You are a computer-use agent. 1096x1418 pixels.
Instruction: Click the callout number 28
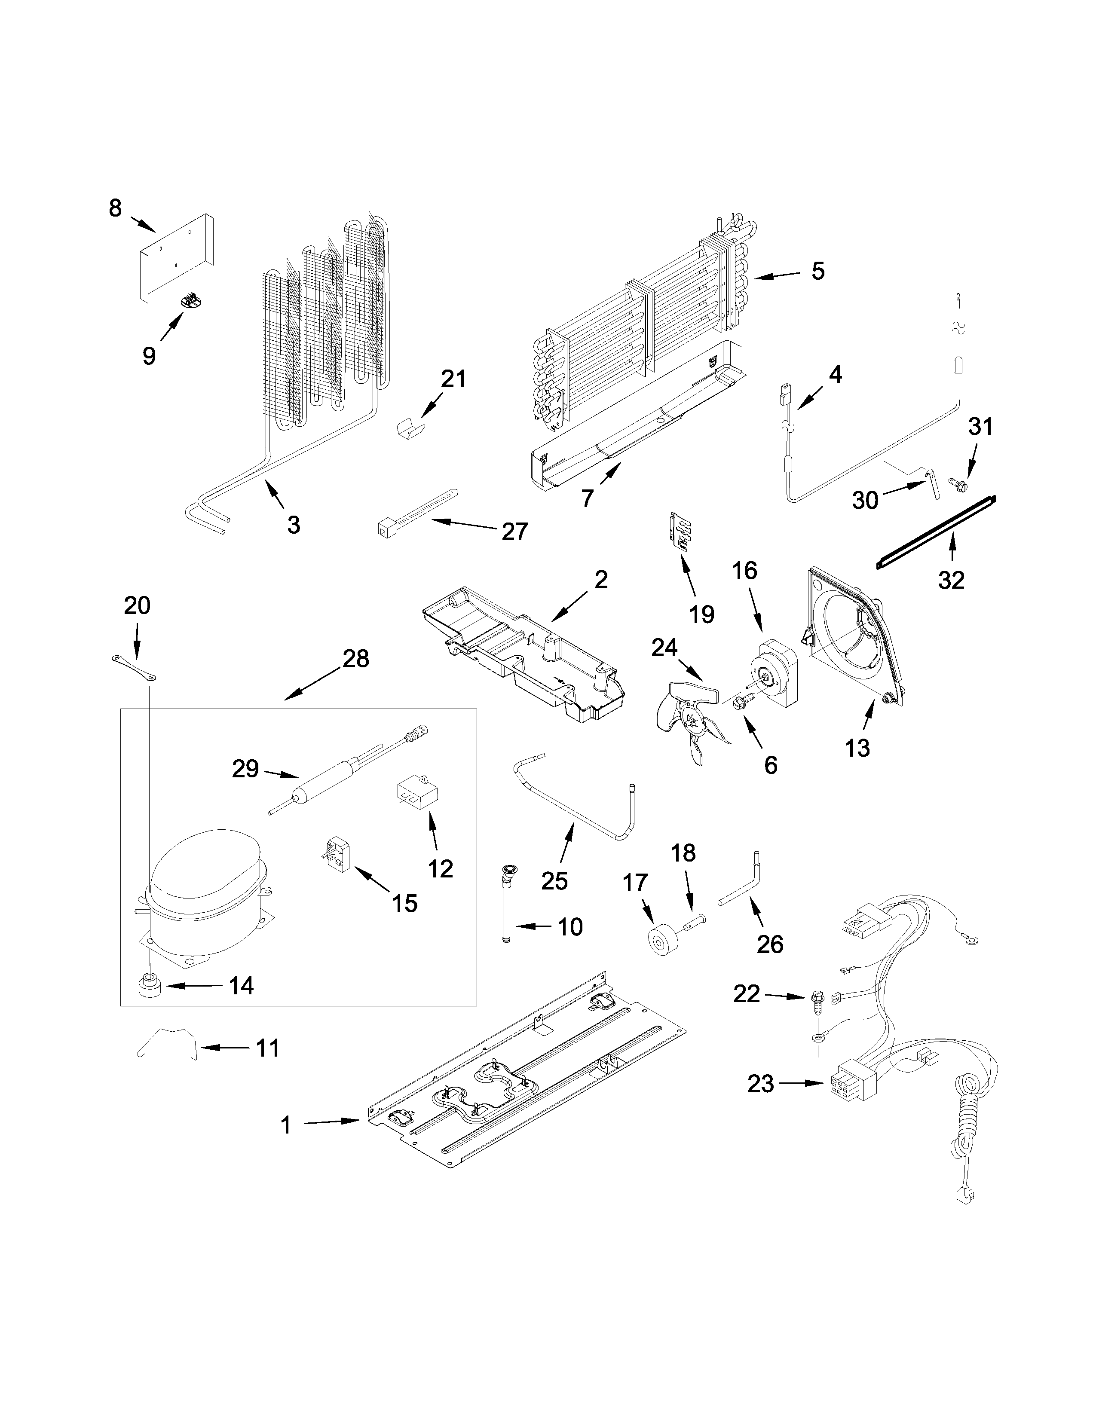click(356, 659)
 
